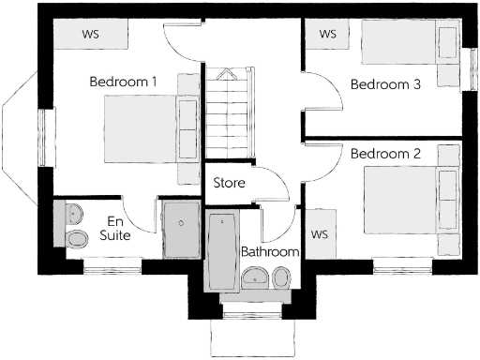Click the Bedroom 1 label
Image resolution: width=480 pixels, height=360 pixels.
point(123,82)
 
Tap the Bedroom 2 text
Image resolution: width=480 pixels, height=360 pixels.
point(385,153)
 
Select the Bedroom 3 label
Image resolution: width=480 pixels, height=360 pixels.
point(385,84)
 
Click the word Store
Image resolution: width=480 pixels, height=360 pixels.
point(230,183)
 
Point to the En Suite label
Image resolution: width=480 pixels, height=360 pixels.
point(114,228)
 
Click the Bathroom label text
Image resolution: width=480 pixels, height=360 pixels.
point(270,252)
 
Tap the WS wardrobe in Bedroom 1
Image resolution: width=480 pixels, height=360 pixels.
point(90,35)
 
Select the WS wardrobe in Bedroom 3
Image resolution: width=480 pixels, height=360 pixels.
point(328,34)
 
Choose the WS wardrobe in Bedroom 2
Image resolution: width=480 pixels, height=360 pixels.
point(319,232)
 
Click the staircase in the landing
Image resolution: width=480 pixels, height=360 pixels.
point(229,112)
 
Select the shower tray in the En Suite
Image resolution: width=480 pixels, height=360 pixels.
point(179,229)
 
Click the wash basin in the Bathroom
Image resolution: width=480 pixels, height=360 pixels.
point(254,277)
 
